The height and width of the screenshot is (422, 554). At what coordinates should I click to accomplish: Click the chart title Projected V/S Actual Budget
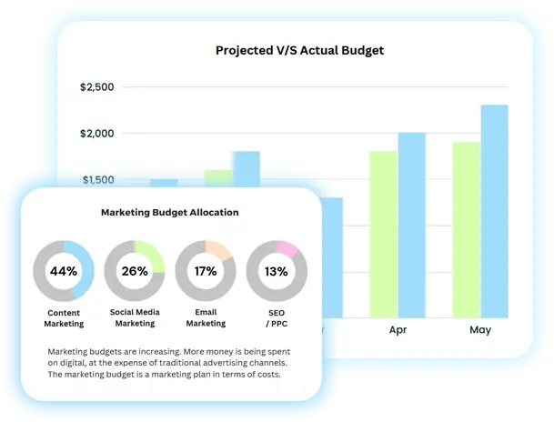point(299,50)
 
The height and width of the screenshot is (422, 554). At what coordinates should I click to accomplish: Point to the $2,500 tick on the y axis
point(97,87)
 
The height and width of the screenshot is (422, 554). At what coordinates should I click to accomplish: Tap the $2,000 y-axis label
point(97,134)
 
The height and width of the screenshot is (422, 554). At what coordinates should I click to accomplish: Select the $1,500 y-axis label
point(97,180)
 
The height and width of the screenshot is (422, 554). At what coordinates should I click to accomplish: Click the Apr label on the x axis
point(398,330)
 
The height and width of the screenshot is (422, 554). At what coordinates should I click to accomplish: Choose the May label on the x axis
point(480,330)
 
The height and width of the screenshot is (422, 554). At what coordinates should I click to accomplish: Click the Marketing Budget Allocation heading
point(170,213)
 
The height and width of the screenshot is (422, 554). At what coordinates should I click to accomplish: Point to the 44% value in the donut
point(64,271)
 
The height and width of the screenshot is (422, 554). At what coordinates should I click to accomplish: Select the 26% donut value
point(135,271)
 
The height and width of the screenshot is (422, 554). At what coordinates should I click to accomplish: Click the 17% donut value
point(206,271)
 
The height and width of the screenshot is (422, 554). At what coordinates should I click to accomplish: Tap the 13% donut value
point(277,271)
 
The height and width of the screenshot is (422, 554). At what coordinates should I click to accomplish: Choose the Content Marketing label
point(64,318)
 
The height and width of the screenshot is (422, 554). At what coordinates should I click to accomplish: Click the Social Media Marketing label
point(135,318)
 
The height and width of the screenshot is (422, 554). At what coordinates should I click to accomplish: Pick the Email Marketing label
point(206,318)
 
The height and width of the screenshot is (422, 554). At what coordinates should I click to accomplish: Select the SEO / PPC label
point(277,318)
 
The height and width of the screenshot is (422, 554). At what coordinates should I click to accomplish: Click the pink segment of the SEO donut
point(287,248)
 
